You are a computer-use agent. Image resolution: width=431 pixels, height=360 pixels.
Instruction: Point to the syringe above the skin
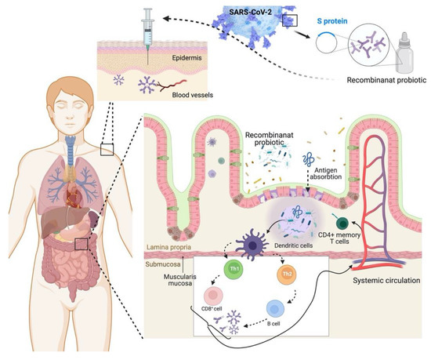pyautogui.click(x=147, y=28)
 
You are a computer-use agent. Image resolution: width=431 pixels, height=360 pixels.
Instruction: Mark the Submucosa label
pyautogui.click(x=161, y=263)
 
